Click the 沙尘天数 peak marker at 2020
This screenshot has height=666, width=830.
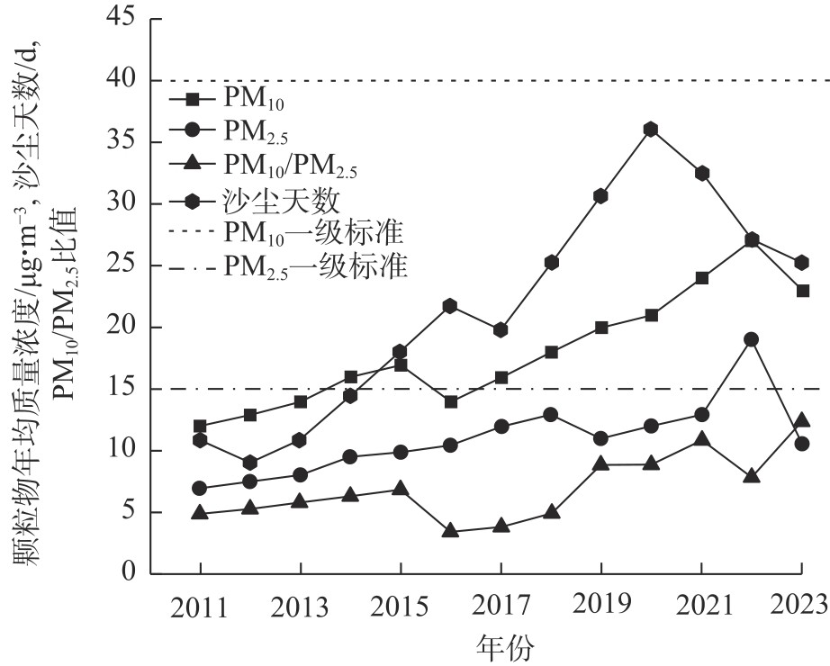click(651, 129)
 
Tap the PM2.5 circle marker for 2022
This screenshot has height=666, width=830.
click(751, 339)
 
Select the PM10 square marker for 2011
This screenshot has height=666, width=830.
click(200, 426)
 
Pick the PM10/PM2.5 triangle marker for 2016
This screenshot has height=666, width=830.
click(450, 530)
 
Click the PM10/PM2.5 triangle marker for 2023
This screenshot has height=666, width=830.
click(801, 419)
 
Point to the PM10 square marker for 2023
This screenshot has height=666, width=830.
click(801, 291)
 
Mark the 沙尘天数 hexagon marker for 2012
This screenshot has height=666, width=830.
click(250, 463)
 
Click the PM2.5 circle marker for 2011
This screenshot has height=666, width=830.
click(200, 488)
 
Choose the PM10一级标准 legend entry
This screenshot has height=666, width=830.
click(311, 232)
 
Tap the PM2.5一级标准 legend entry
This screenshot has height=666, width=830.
click(315, 266)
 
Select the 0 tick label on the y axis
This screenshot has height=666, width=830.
click(131, 574)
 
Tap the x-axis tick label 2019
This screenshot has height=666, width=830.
click(600, 605)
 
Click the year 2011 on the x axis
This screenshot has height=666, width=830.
click(200, 605)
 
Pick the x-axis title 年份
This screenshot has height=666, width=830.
click(501, 646)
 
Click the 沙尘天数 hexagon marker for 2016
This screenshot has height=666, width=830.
click(450, 307)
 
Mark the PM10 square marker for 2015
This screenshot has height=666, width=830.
click(401, 365)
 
